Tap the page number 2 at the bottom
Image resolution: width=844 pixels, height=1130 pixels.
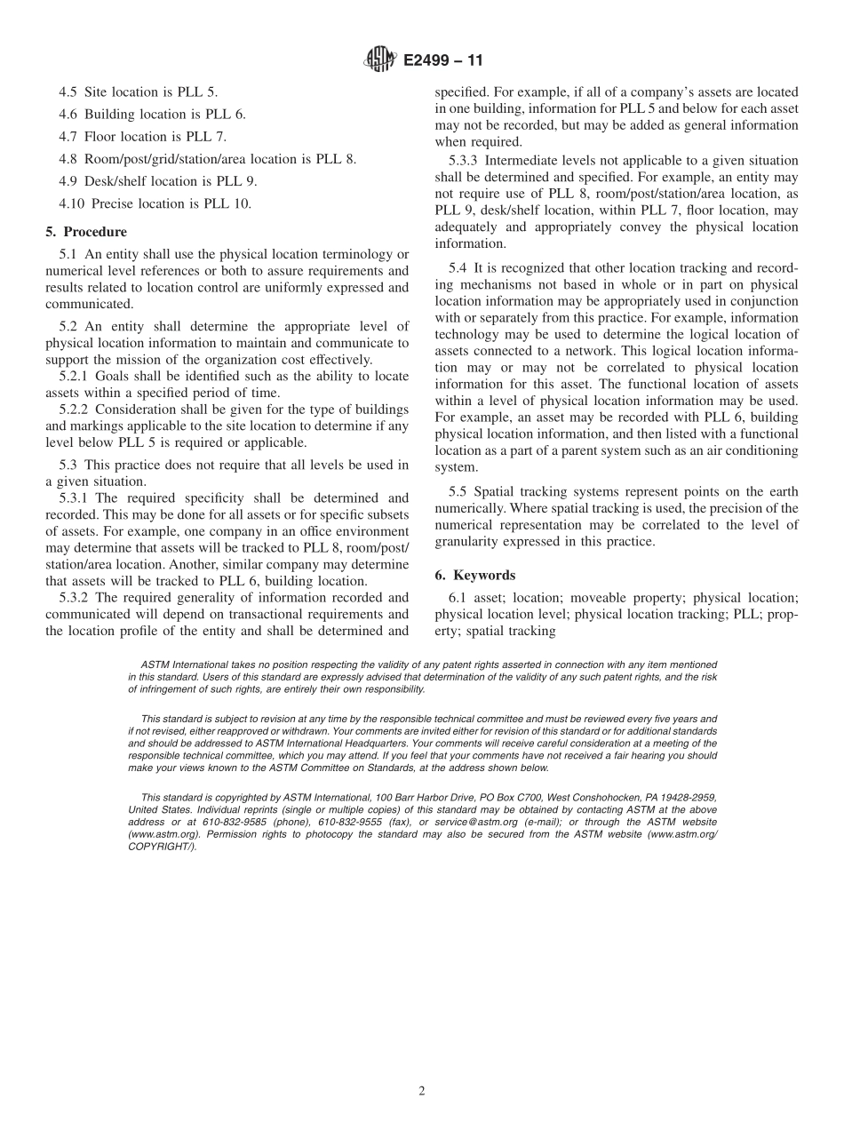tap(422, 1092)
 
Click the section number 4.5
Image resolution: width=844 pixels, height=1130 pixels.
tap(68, 92)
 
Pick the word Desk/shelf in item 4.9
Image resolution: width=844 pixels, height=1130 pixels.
tap(115, 181)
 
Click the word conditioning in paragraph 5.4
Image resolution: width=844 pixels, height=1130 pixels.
tap(754, 451)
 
